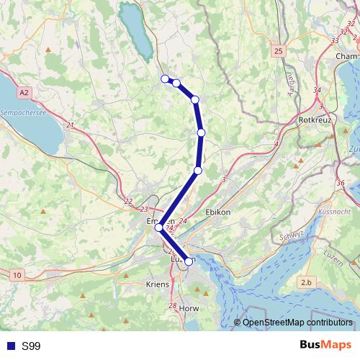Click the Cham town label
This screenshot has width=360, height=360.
tap(346, 55)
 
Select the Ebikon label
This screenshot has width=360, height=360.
tap(217, 212)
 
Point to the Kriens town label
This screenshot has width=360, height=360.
tap(157, 284)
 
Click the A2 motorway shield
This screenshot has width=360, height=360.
tap(25, 93)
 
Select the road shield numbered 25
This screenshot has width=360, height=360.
tap(279, 51)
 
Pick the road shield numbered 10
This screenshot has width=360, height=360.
tap(17, 275)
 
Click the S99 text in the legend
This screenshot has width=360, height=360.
tap(31, 346)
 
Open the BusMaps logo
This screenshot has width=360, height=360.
tap(326, 346)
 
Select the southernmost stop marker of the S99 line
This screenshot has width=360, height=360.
tap(189, 261)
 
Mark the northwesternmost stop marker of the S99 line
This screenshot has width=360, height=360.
tap(165, 78)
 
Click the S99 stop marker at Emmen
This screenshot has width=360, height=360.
tap(159, 227)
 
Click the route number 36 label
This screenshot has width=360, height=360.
tap(340, 183)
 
